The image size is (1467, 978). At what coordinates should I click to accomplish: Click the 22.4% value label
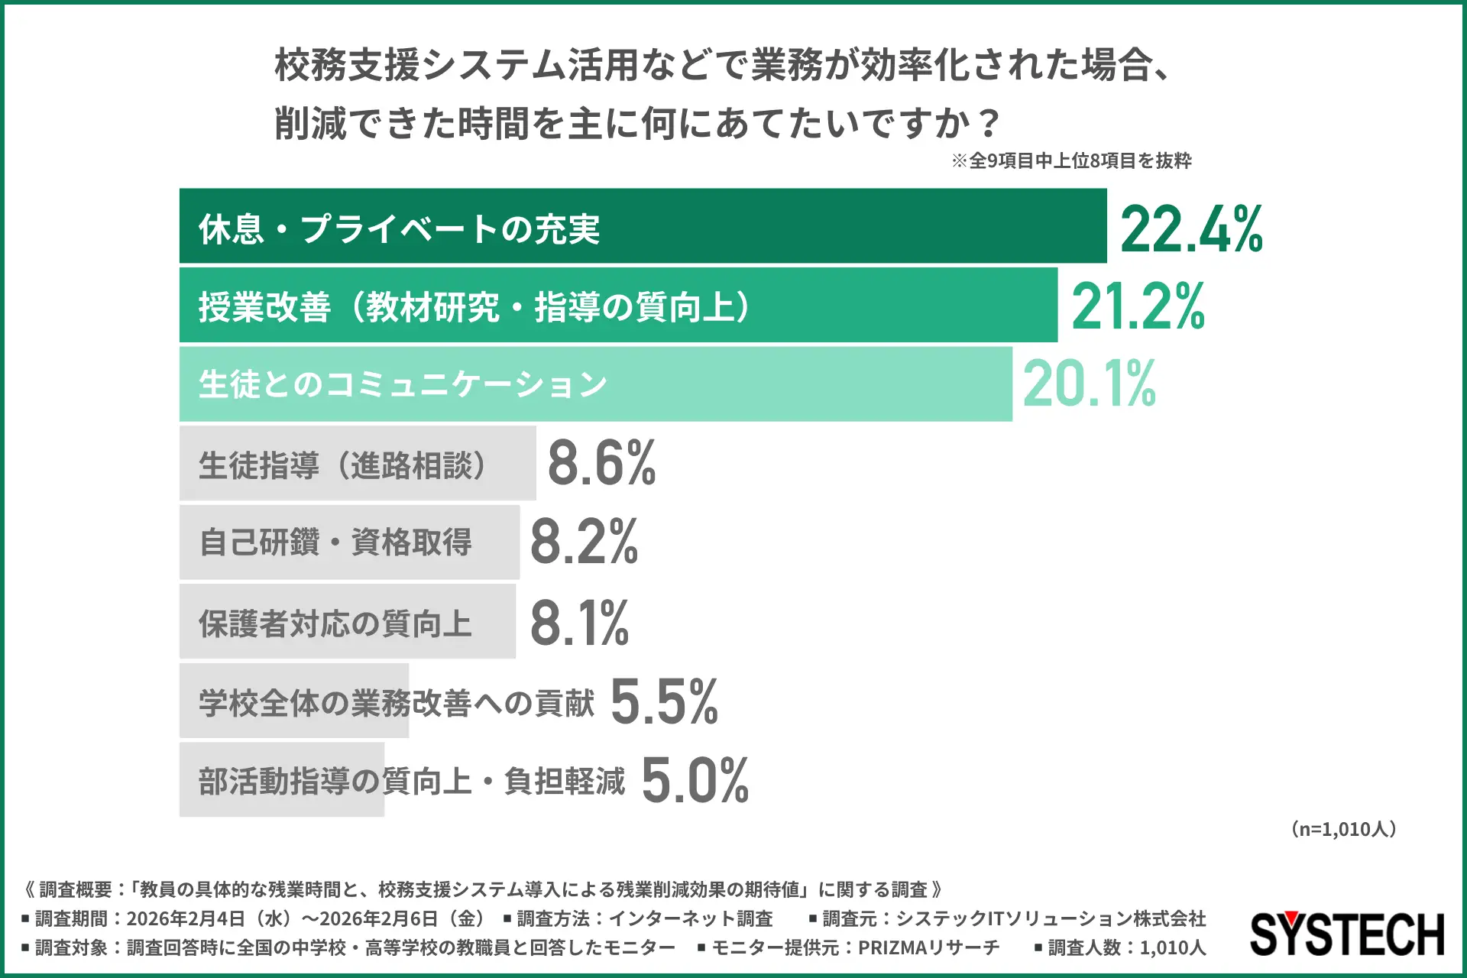pyautogui.click(x=1191, y=228)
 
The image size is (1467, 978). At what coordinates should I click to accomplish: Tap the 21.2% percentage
pyautogui.click(x=1138, y=306)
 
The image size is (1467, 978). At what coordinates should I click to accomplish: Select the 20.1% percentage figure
pyautogui.click(x=1089, y=384)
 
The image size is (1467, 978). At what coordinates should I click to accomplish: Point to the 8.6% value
pyautogui.click(x=601, y=463)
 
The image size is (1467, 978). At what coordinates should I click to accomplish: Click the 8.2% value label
pyautogui.click(x=584, y=542)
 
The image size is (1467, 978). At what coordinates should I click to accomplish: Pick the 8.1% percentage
pyautogui.click(x=579, y=622)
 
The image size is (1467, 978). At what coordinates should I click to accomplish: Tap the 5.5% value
pyautogui.click(x=664, y=701)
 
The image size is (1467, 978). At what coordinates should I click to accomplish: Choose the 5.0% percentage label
pyautogui.click(x=695, y=780)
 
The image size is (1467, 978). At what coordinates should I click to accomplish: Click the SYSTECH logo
pyautogui.click(x=1347, y=934)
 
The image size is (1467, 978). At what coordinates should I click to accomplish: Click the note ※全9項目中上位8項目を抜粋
pyautogui.click(x=1071, y=160)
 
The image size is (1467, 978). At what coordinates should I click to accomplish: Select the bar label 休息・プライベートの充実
pyautogui.click(x=399, y=228)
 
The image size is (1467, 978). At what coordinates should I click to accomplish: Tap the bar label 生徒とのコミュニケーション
pyautogui.click(x=403, y=384)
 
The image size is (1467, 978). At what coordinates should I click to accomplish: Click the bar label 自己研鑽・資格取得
pyautogui.click(x=335, y=542)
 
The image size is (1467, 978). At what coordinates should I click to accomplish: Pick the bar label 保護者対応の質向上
pyautogui.click(x=335, y=623)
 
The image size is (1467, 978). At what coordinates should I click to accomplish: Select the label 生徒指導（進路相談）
pyautogui.click(x=342, y=465)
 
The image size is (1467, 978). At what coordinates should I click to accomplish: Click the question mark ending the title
pyautogui.click(x=989, y=123)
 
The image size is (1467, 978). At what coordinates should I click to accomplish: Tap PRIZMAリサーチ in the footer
pyautogui.click(x=928, y=947)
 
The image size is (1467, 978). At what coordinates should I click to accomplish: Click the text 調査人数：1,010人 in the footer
pyautogui.click(x=1126, y=947)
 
